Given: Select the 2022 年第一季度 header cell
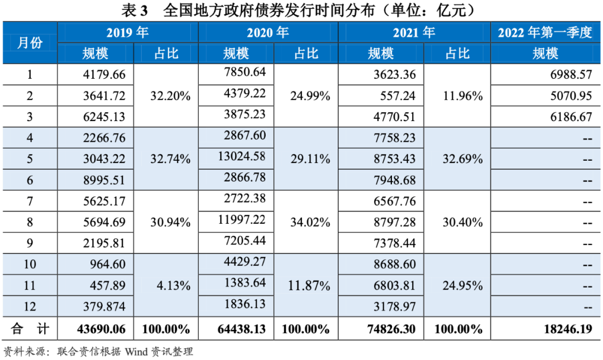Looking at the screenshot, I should pyautogui.click(x=544, y=33).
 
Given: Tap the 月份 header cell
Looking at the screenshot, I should pyautogui.click(x=30, y=43).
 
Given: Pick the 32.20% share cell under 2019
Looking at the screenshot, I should pyautogui.click(x=170, y=96).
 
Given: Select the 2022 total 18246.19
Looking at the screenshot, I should pyautogui.click(x=567, y=329).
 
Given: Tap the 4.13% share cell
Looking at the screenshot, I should pyautogui.click(x=170, y=286).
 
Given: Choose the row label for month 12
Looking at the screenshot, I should pyautogui.click(x=30, y=307).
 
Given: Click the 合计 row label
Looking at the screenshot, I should pyautogui.click(x=30, y=329).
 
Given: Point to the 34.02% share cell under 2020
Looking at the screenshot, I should pyautogui.click(x=310, y=222).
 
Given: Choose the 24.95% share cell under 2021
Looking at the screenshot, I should pyautogui.click(x=462, y=286).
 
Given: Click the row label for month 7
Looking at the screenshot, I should pyautogui.click(x=30, y=201).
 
